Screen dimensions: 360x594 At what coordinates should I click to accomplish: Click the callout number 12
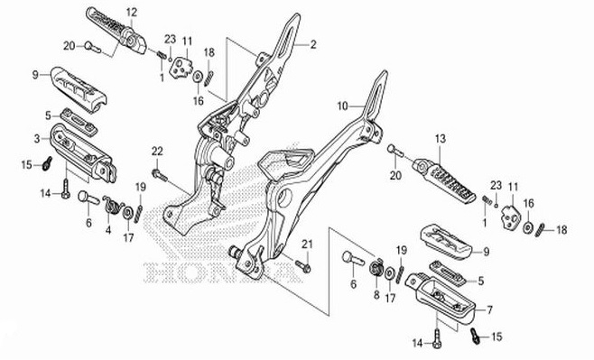(132, 11)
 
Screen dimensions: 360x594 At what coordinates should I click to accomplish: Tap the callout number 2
(313, 44)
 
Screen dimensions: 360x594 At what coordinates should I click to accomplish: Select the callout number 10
(342, 106)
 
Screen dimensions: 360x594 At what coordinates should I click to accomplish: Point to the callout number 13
(441, 139)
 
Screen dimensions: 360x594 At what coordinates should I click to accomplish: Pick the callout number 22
(156, 150)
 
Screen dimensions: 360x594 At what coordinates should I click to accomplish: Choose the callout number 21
(306, 245)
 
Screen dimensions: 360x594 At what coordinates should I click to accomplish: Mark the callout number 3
(37, 139)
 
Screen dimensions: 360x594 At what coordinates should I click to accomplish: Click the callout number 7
(490, 309)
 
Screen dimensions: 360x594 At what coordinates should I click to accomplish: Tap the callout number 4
(107, 230)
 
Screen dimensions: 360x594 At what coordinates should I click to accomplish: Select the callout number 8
(376, 294)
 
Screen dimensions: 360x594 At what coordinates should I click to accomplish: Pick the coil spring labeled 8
(377, 269)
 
